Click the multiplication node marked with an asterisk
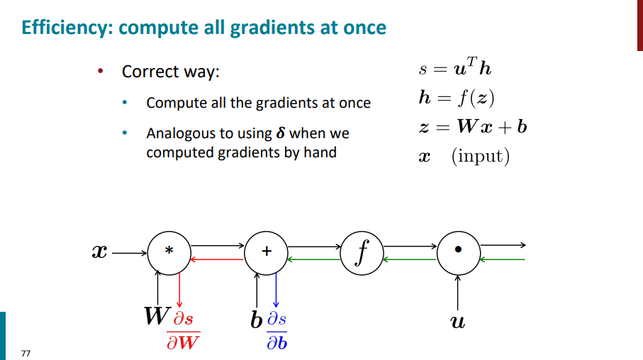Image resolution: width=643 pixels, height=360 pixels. (169, 252)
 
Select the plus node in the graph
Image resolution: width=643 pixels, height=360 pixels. (266, 252)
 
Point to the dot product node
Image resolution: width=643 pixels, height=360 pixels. (458, 252)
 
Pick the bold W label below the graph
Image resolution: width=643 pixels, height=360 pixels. (156, 316)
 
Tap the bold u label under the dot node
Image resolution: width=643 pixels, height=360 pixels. (458, 322)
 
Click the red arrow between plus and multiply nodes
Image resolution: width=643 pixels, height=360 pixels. (217, 259)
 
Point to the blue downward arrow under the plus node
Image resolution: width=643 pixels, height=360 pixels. (276, 291)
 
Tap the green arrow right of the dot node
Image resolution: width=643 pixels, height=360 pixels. (503, 259)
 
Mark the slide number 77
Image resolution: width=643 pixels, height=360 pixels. (26, 353)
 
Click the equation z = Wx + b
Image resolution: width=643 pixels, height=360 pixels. (472, 127)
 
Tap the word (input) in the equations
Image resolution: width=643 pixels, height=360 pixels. (481, 156)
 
